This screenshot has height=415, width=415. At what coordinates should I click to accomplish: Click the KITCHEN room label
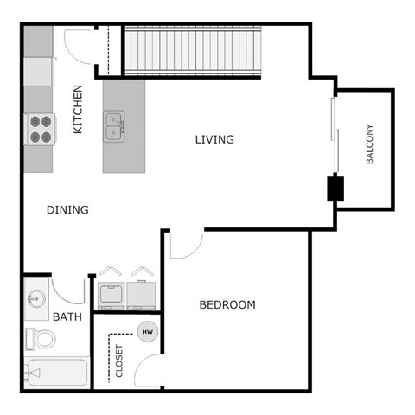pos(78,109)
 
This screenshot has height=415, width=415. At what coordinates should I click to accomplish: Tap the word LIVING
pos(214,139)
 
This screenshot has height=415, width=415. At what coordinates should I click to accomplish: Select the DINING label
pos(67,209)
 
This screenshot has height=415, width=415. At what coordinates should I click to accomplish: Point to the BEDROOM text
pos(227,304)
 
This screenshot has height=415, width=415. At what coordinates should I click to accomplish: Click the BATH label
pos(67,316)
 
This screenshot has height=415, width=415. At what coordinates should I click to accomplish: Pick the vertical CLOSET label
pos(119,363)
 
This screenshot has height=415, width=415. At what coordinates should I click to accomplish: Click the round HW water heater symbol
pos(148,331)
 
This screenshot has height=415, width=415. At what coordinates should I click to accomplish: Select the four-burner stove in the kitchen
pos(39,129)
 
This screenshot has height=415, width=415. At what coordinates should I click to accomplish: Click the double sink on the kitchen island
pos(115,125)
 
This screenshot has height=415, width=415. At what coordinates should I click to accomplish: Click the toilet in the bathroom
pos(40,338)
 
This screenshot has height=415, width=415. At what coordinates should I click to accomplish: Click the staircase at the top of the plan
pos(192,51)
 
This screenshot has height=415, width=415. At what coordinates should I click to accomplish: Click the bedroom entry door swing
pos(184,245)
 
